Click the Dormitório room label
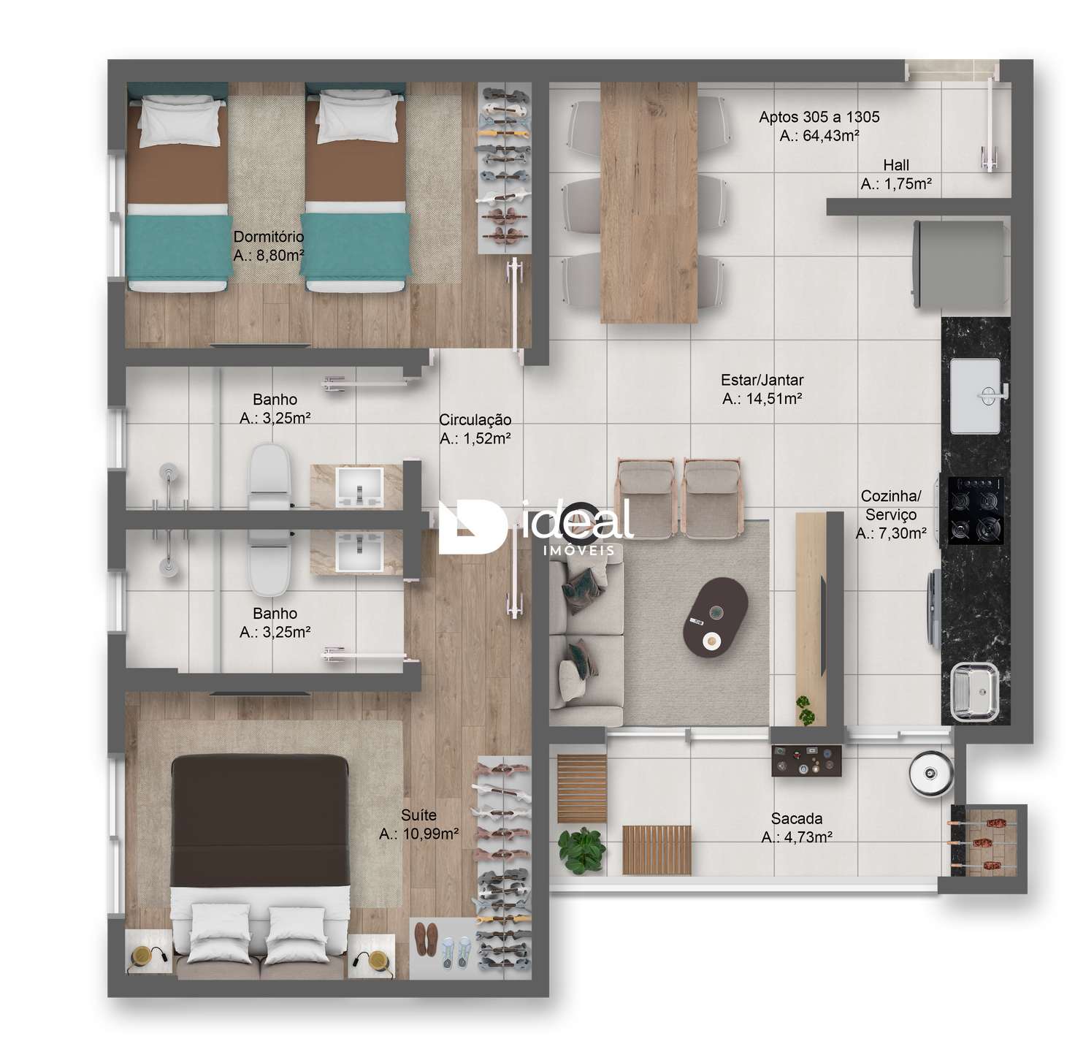pos(268,237)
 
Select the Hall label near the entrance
pos(895,164)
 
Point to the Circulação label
pos(475,419)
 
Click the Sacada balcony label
pos(796,817)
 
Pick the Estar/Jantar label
pos(762,380)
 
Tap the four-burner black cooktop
pos(975,510)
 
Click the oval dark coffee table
pos(715,617)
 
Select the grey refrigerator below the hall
pos(961,264)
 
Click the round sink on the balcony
pos(930,773)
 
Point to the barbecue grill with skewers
pos(983,842)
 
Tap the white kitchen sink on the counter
pos(976,396)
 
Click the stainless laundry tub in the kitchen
pos(974,692)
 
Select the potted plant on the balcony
pos(581,850)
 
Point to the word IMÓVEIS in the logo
pos(578,550)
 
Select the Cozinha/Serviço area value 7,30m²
pos(890,533)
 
